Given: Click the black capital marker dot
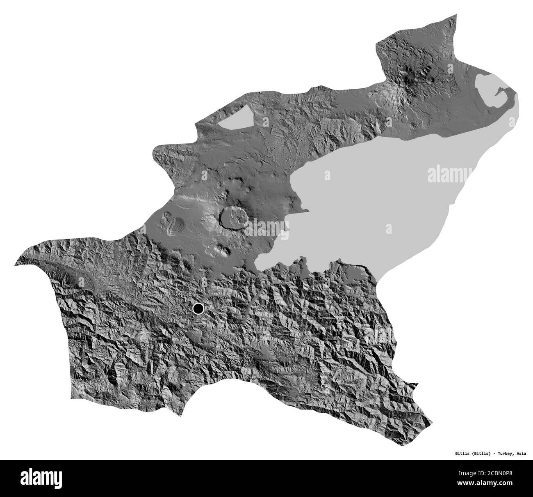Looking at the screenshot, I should [x=198, y=308].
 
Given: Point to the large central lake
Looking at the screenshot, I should [x=369, y=193].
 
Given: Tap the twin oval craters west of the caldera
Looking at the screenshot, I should [x=172, y=222].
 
